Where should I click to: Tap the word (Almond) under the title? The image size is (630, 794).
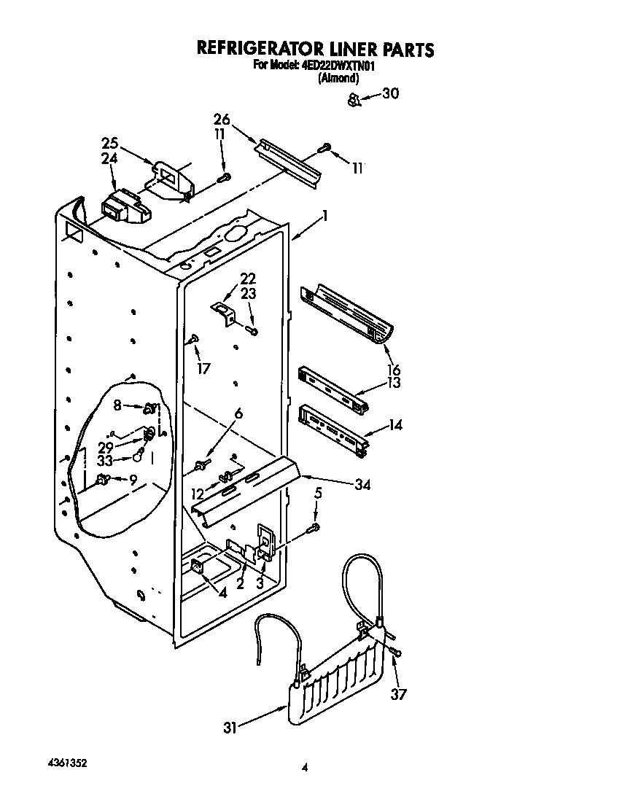tap(338, 77)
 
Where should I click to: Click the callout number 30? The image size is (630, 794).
tap(391, 93)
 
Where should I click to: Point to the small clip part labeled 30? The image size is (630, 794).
tap(353, 99)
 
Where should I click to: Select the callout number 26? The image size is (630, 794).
tap(222, 119)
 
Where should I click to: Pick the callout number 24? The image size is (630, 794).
tap(109, 158)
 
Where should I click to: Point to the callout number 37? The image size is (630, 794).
tap(398, 693)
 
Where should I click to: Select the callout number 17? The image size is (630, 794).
tap(203, 368)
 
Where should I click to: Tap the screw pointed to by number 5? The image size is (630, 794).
tap(315, 527)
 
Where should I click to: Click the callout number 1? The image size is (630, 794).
tap(324, 216)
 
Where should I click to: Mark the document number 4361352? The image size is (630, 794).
tap(63, 763)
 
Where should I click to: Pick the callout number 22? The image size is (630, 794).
tap(249, 279)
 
